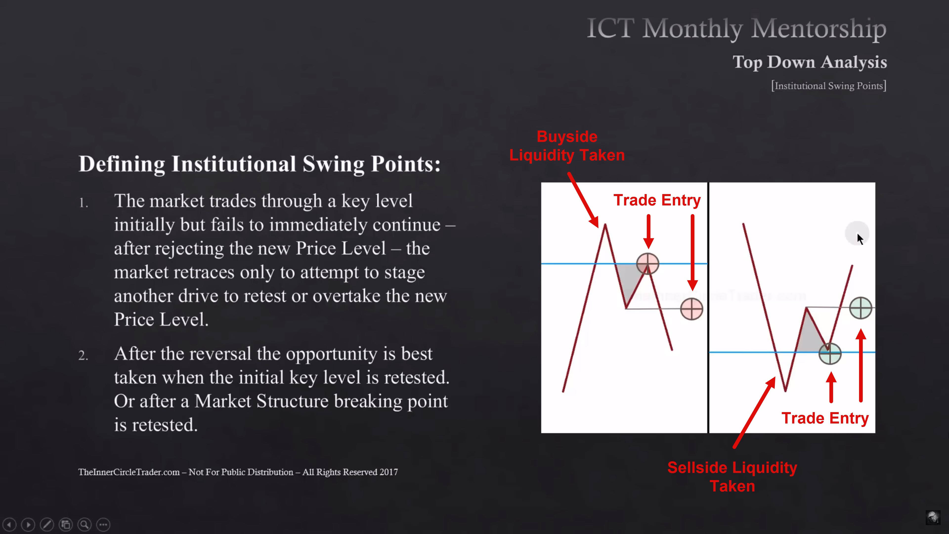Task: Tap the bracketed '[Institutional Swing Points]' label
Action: pyautogui.click(x=829, y=86)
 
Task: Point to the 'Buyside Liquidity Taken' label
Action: pyautogui.click(x=567, y=146)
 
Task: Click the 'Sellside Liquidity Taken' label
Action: pyautogui.click(x=732, y=476)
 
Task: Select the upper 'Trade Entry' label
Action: pyautogui.click(x=657, y=200)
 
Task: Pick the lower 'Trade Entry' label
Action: pyautogui.click(x=825, y=418)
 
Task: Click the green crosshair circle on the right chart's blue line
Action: pyautogui.click(x=830, y=354)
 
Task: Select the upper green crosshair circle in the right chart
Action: pyautogui.click(x=861, y=308)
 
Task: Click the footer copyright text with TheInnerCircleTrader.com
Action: pyautogui.click(x=238, y=472)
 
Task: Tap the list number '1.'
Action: pyautogui.click(x=84, y=203)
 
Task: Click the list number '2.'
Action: pyautogui.click(x=83, y=355)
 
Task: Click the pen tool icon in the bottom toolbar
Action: pyautogui.click(x=47, y=524)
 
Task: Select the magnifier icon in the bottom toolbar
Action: pyautogui.click(x=84, y=524)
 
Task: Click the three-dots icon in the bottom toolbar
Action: pyautogui.click(x=103, y=524)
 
